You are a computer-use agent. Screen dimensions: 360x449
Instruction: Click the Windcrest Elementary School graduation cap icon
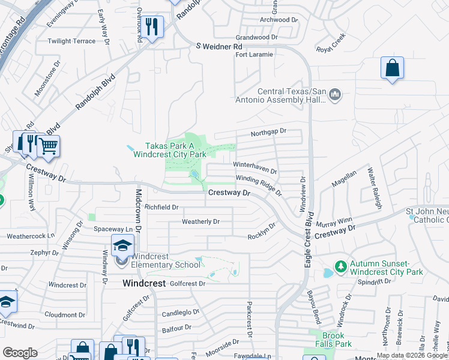pyautogui.click(x=122, y=245)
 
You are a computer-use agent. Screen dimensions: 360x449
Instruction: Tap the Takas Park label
pyautogui.click(x=170, y=150)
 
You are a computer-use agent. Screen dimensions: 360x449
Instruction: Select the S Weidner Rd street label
pyautogui.click(x=219, y=46)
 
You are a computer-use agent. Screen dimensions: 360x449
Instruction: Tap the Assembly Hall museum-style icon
pyautogui.click(x=335, y=94)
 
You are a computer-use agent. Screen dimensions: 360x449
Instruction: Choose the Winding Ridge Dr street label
pyautogui.click(x=259, y=184)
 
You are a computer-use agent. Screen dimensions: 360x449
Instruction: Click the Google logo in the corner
pyautogui.click(x=20, y=352)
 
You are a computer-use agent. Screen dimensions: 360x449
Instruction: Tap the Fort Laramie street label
pyautogui.click(x=254, y=54)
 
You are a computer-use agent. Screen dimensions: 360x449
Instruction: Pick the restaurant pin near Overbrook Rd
pyautogui.click(x=152, y=26)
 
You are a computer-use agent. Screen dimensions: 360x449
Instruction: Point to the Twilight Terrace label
pyautogui.click(x=72, y=41)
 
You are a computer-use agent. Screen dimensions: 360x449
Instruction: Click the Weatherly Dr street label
pyautogui.click(x=200, y=222)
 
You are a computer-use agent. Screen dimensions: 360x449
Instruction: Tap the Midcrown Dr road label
pyautogui.click(x=138, y=211)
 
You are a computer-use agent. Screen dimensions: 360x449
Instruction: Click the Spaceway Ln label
pyautogui.click(x=113, y=229)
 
